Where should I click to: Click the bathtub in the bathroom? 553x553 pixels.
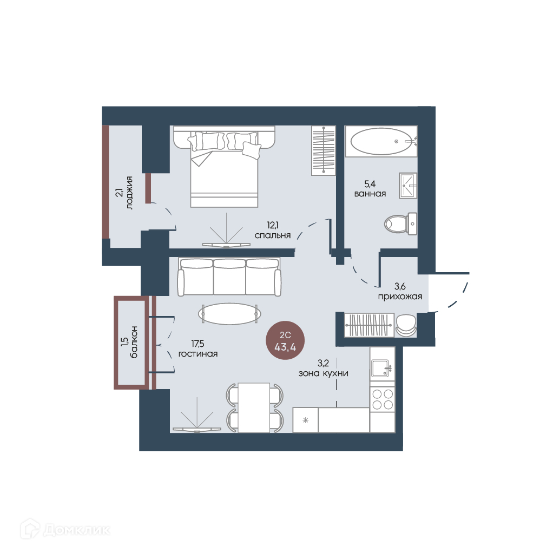(381, 141)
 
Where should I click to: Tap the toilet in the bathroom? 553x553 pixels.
(400, 223)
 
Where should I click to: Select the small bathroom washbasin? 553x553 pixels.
(408, 186)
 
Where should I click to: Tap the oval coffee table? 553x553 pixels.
(229, 313)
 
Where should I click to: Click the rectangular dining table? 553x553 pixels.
(254, 407)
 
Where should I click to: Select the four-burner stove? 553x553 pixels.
(383, 399)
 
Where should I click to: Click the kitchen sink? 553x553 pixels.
(381, 368)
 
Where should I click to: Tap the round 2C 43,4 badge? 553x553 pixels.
(285, 341)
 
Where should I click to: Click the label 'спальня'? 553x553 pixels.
(273, 235)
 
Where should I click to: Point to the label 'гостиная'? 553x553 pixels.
(198, 354)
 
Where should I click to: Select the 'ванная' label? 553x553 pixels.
(370, 194)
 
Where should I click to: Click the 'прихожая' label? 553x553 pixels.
(400, 297)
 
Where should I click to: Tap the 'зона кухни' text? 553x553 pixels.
(324, 373)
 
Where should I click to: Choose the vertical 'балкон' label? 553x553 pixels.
(134, 342)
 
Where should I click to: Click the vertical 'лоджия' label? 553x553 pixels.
(129, 193)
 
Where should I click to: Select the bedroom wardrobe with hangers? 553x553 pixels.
(324, 150)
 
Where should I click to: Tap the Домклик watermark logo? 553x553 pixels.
(65, 530)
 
